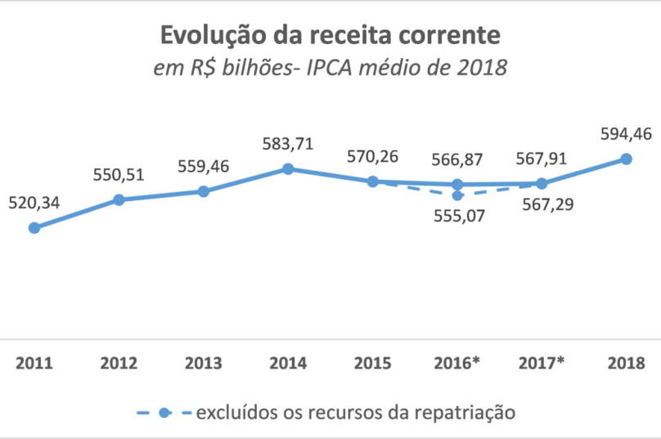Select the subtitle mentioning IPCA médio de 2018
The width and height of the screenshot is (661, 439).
[330, 68]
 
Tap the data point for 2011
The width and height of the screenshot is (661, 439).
[34, 228]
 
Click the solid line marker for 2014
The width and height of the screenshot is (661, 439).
[288, 169]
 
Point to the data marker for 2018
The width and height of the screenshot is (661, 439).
[627, 159]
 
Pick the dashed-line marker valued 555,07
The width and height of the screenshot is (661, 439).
[457, 195]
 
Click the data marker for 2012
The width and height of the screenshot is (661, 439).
[119, 199]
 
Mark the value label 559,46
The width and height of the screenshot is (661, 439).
[204, 167]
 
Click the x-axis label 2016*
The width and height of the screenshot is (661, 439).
[457, 361]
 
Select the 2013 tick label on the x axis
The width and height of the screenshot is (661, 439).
[204, 361]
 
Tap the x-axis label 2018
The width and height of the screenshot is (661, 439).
[627, 361]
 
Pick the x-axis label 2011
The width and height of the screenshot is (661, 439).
[34, 361]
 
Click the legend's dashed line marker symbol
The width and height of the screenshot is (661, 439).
[164, 411]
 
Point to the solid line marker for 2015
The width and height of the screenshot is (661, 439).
[372, 181]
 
